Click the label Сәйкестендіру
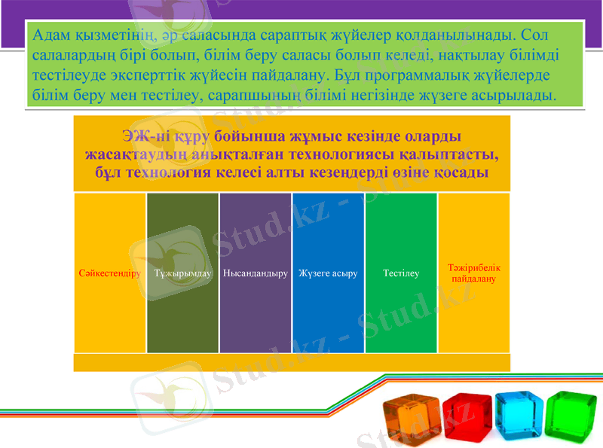tap(110, 273)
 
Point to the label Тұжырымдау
tap(182, 273)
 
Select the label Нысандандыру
tap(256, 273)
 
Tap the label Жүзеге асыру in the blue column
tap(328, 273)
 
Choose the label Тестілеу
tap(401, 273)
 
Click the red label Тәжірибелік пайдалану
tap(473, 273)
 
